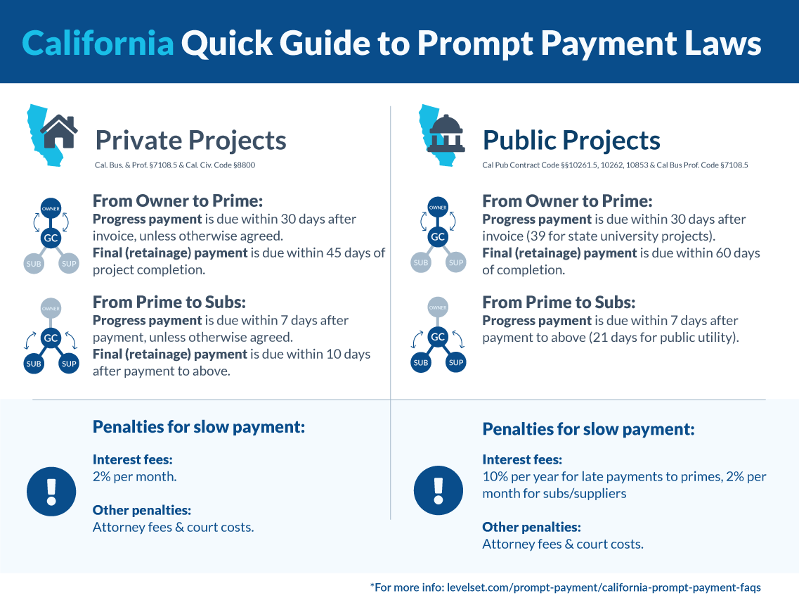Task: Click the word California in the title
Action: pyautogui.click(x=98, y=43)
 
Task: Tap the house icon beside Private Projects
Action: pyautogui.click(x=59, y=130)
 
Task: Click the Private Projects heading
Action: pyautogui.click(x=190, y=140)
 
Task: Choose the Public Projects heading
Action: pyautogui.click(x=571, y=140)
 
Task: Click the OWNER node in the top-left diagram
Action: pyautogui.click(x=51, y=208)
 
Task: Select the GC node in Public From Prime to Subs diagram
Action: pyautogui.click(x=438, y=338)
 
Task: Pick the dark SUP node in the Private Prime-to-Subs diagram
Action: pyautogui.click(x=69, y=364)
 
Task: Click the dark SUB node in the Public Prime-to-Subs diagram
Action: pyautogui.click(x=420, y=363)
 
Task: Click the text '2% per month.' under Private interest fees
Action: pyautogui.click(x=134, y=476)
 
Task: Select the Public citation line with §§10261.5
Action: pyautogui.click(x=614, y=165)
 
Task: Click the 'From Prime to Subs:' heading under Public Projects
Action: pyautogui.click(x=558, y=302)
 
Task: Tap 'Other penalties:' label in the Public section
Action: pyautogui.click(x=531, y=526)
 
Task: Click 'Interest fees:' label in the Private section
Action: pyautogui.click(x=132, y=459)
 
